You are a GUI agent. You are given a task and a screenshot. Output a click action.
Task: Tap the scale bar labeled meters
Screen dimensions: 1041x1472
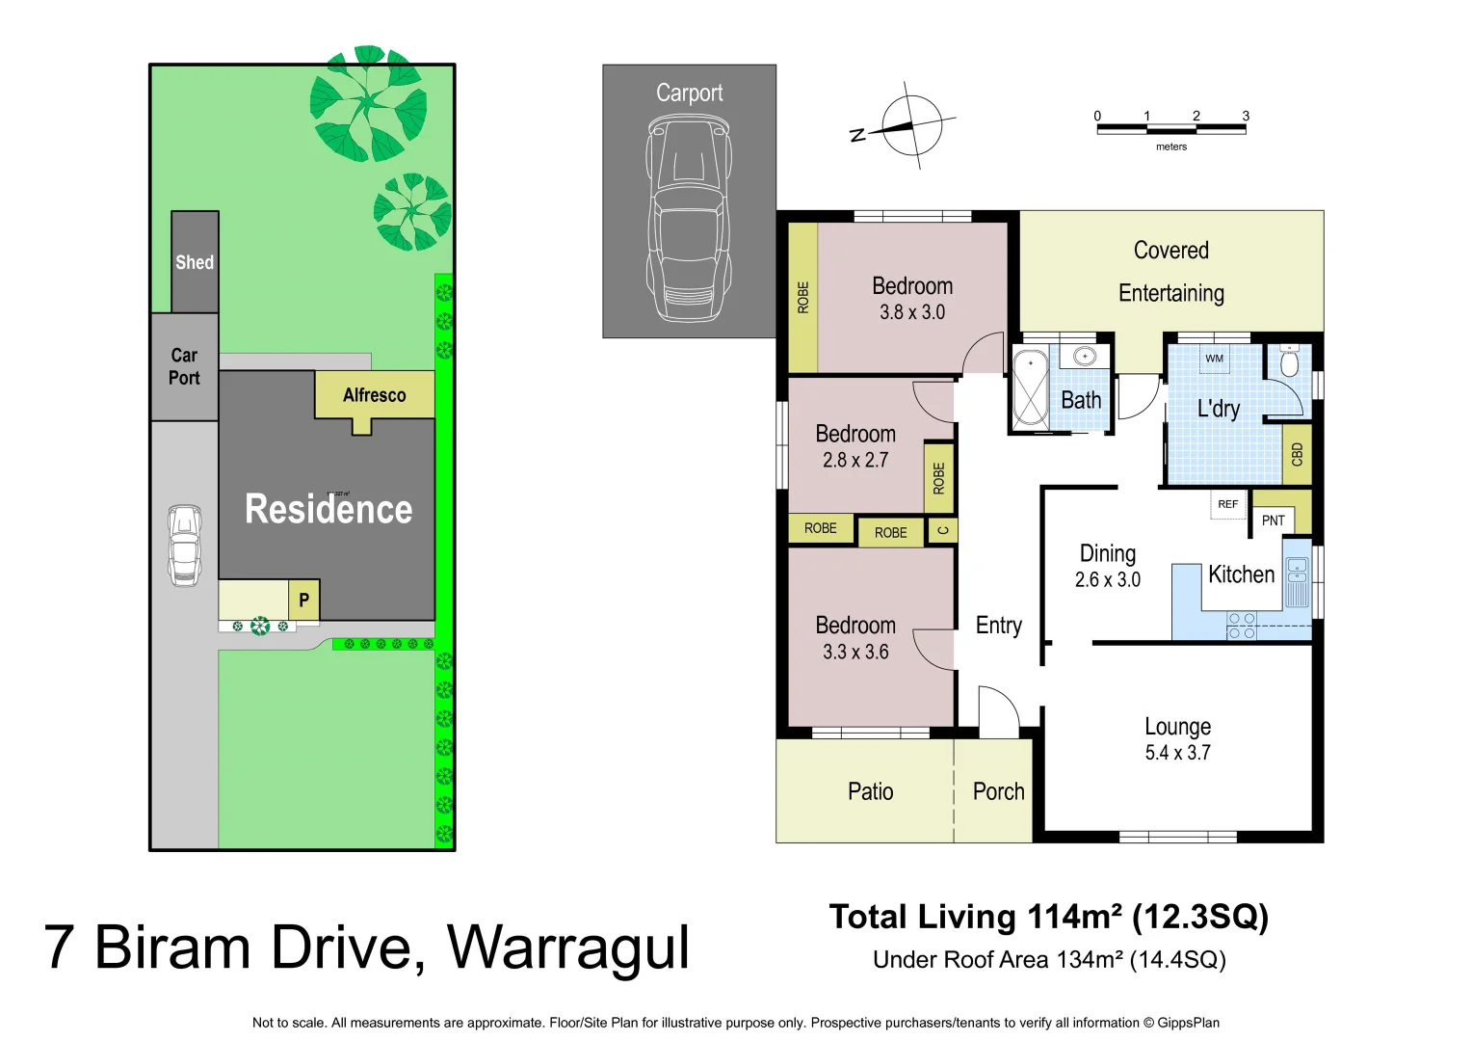coord(1170,128)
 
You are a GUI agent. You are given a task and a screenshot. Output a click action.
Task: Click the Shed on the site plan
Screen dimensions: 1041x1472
coord(195,261)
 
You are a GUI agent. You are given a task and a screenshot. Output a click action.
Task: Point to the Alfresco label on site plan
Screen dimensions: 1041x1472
coord(374,395)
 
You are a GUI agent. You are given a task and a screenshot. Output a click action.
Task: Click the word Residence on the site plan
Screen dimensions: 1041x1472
coord(329,509)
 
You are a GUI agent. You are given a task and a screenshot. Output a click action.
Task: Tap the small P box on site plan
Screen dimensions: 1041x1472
coord(303,601)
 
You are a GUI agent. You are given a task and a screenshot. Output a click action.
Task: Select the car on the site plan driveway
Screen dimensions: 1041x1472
coord(184,546)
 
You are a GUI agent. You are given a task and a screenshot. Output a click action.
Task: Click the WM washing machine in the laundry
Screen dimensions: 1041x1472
coord(1214,359)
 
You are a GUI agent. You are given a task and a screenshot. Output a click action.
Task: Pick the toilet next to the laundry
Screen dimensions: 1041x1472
coord(1289,363)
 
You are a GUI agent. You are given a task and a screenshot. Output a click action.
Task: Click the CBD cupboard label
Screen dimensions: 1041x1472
coord(1297,454)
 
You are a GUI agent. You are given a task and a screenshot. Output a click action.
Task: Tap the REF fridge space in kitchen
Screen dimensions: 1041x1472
coord(1227,504)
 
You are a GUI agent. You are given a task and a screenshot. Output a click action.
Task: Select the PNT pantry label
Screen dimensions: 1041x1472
coord(1273,520)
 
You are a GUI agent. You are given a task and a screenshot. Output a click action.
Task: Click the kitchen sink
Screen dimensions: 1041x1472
coord(1297,581)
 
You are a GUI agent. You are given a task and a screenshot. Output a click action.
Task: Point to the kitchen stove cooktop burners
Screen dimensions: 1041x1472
coord(1242,626)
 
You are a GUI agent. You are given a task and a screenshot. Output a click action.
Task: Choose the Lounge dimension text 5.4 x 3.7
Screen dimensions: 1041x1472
coord(1177,753)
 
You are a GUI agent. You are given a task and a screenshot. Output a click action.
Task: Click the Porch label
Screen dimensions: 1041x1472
coord(998,791)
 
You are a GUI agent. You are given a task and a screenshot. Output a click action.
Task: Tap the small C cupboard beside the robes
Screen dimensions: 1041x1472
coord(942,530)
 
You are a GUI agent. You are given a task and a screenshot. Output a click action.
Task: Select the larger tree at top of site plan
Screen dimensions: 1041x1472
coord(368,103)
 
